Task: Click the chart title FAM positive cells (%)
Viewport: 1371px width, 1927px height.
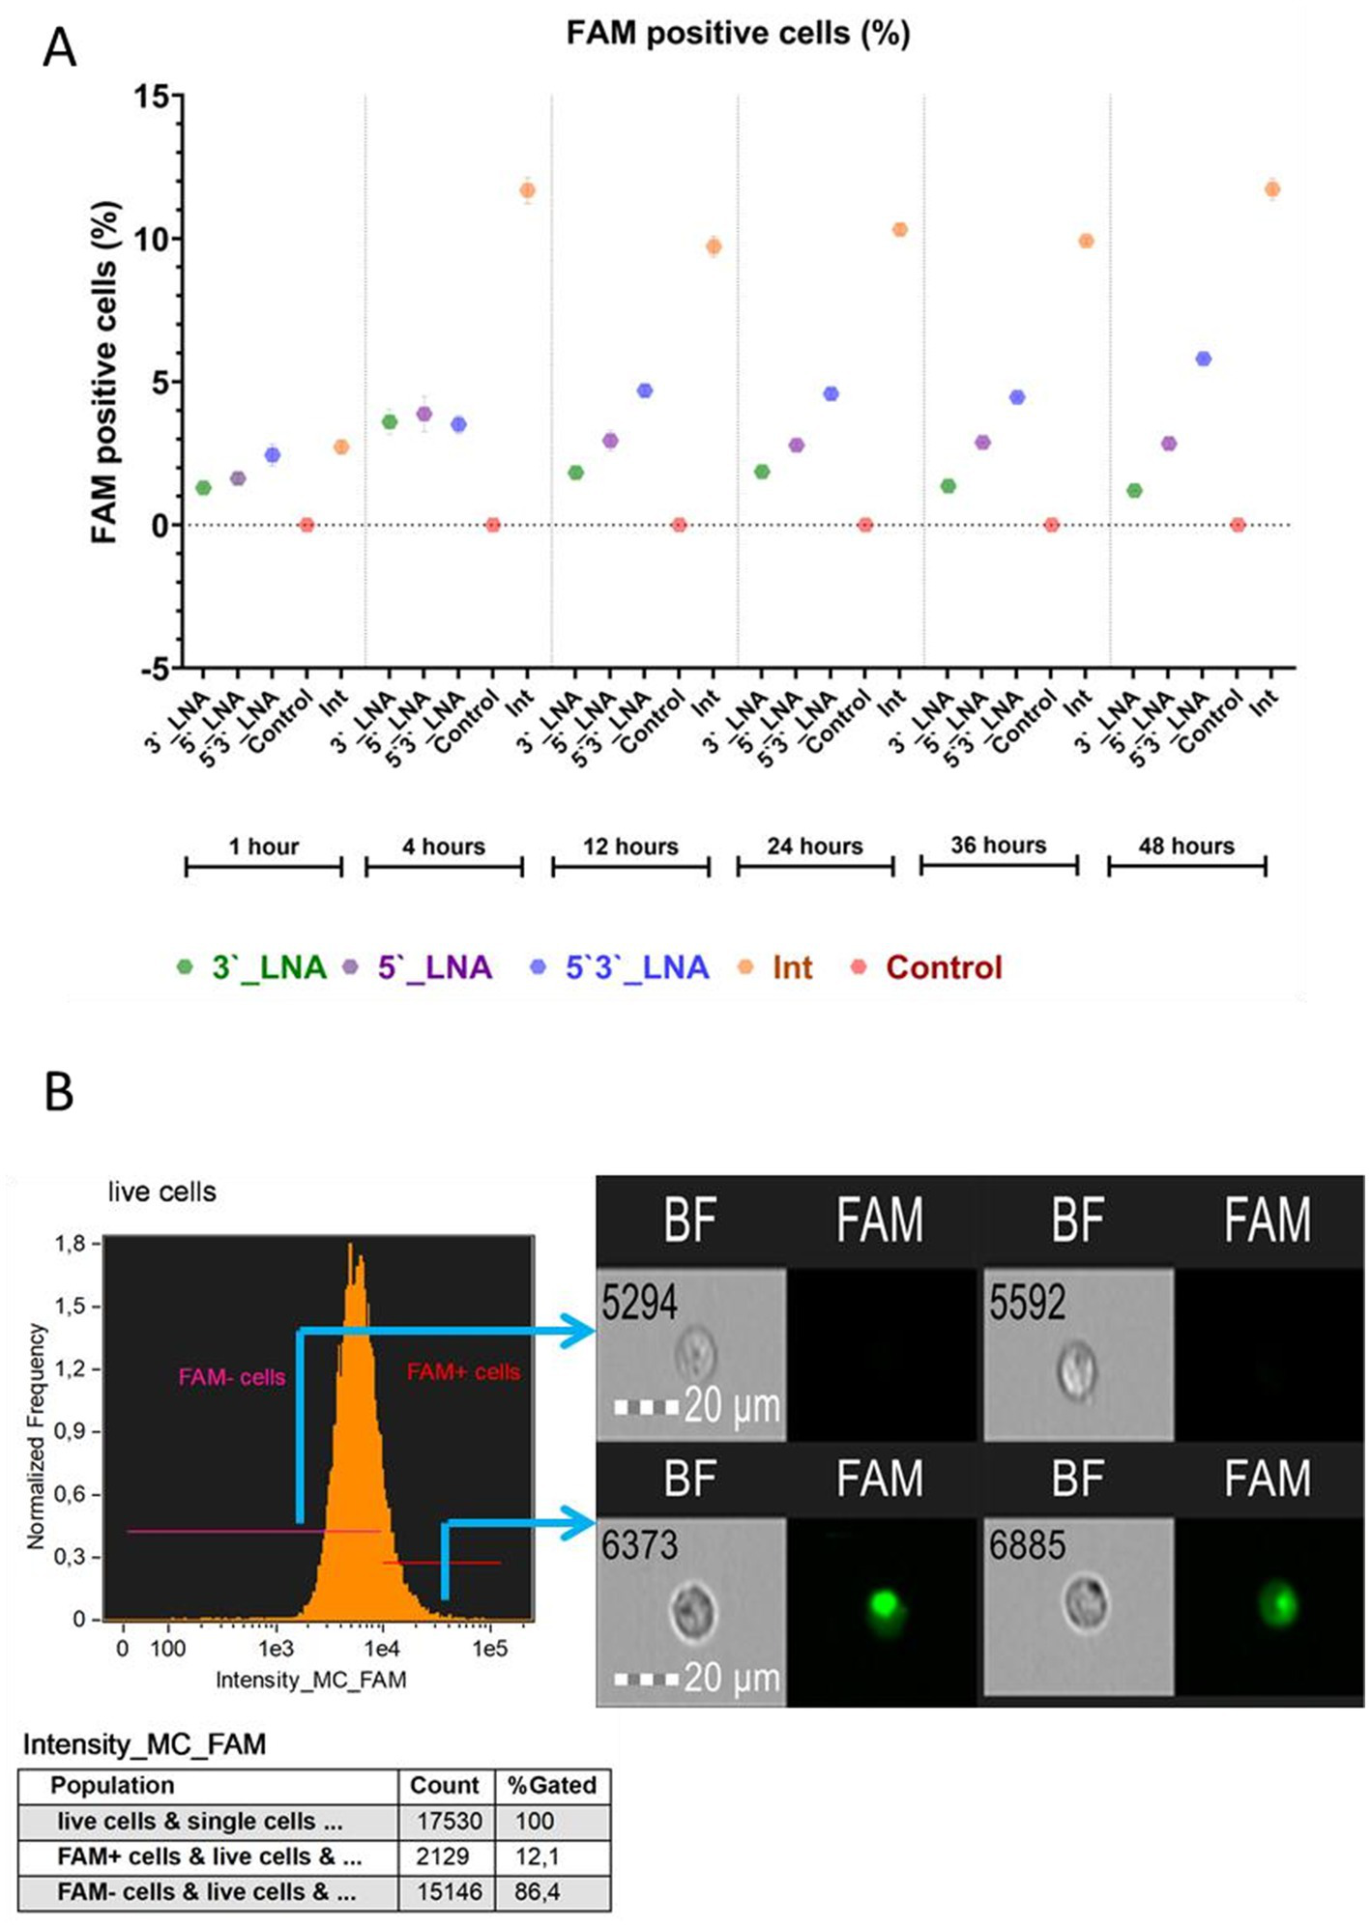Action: click(738, 34)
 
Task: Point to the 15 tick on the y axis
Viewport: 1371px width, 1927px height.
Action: click(152, 97)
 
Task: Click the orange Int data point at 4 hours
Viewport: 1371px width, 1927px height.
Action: click(527, 190)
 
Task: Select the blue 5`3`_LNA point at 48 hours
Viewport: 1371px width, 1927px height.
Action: click(1203, 359)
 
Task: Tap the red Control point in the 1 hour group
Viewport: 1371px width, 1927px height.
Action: click(306, 525)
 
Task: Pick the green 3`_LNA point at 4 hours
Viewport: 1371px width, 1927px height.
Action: click(390, 421)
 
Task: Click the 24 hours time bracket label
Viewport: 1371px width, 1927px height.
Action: click(815, 847)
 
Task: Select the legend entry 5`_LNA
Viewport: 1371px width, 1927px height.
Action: click(434, 967)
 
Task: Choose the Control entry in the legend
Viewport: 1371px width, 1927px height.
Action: click(944, 967)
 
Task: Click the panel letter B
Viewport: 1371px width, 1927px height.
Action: click(59, 1092)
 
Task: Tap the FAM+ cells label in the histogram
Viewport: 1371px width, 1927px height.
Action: click(463, 1371)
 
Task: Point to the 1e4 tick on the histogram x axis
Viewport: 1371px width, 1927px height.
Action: click(382, 1648)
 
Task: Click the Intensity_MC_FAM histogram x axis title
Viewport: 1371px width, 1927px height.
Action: click(310, 1680)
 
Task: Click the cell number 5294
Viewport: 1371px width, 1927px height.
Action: click(639, 1304)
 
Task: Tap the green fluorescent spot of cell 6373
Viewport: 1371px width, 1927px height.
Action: click(884, 1604)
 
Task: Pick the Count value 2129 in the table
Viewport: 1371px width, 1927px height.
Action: click(443, 1856)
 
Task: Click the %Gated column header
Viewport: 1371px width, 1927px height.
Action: click(552, 1785)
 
